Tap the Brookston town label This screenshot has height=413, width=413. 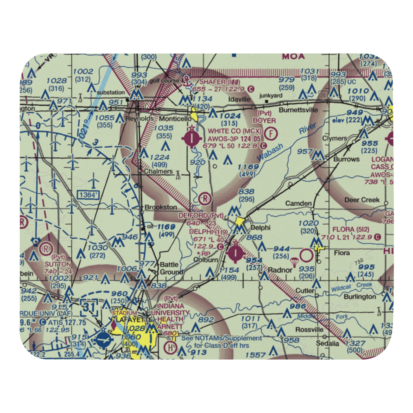click(x=161, y=207)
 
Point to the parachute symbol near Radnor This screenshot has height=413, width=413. click(x=294, y=262)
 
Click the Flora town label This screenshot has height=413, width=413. click(x=342, y=253)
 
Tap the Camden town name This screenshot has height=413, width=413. click(x=298, y=203)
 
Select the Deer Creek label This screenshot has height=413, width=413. click(x=362, y=200)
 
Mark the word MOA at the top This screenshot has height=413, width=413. click(x=293, y=56)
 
